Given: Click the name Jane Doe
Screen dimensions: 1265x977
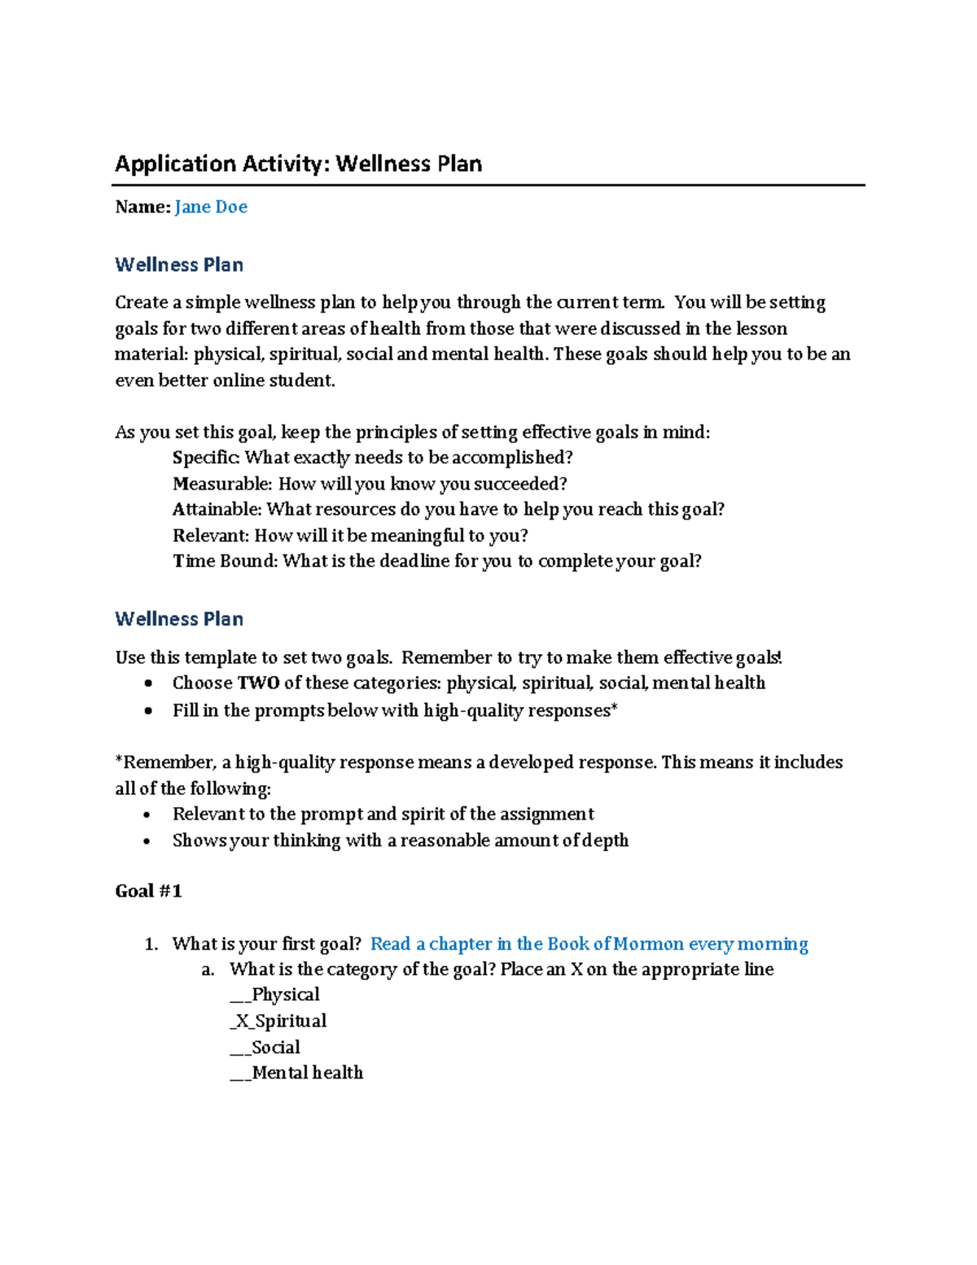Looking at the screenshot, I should [211, 207].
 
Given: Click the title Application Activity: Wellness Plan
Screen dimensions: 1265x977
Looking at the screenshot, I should [298, 164].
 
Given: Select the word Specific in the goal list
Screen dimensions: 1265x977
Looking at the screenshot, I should [206, 458].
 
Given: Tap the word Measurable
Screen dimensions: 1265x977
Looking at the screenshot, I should [221, 484].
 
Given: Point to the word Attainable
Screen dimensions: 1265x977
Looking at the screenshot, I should [217, 510].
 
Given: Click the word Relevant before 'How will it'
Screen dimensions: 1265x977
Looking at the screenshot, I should [210, 536].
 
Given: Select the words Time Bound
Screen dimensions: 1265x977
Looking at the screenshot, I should [224, 561].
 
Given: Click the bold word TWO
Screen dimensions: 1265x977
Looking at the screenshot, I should [258, 683].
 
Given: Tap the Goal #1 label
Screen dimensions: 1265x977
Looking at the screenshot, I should [148, 891].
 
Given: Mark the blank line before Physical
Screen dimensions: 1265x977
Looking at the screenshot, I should [240, 996].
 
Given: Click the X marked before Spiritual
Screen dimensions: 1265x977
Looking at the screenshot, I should [242, 1021].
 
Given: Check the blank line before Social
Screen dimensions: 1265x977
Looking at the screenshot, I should [240, 1048].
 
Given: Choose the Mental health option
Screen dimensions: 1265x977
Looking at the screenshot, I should [307, 1073].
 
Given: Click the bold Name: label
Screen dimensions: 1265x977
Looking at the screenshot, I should [142, 207].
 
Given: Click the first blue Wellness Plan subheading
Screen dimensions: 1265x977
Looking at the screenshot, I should [179, 265].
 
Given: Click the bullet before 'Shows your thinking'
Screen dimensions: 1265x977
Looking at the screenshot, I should [147, 841].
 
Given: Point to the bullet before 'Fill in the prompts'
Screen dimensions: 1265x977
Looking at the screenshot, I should [147, 711].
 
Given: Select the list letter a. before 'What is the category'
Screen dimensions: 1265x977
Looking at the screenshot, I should [208, 970].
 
